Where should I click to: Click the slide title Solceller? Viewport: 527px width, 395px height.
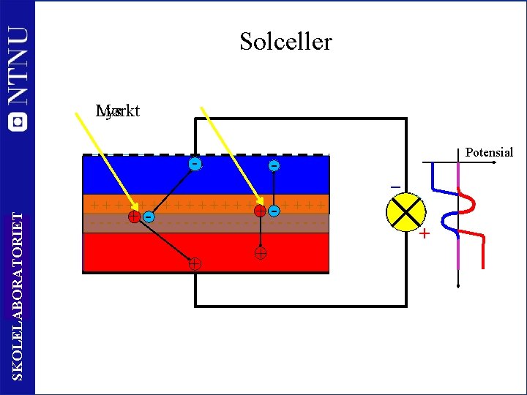point(285,41)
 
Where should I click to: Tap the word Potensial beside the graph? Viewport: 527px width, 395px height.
point(489,153)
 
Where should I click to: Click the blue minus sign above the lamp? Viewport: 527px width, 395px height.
point(395,187)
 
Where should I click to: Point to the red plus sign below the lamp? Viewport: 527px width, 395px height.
point(424,234)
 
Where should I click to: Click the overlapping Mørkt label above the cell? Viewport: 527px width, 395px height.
point(118,111)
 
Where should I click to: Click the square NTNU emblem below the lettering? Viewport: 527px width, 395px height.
point(18,121)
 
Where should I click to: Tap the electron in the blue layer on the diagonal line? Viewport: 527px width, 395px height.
point(195,163)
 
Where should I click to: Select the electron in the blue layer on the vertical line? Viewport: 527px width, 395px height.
point(273,166)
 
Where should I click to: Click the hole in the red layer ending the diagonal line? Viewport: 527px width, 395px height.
point(195,263)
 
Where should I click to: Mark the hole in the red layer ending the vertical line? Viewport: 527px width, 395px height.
point(260,255)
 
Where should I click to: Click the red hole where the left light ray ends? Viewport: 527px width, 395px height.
point(134,217)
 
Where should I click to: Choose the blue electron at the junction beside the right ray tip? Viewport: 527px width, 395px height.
point(274,211)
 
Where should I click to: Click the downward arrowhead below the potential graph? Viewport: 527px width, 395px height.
point(458,287)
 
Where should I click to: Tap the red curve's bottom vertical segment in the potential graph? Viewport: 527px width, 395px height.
point(483,252)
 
